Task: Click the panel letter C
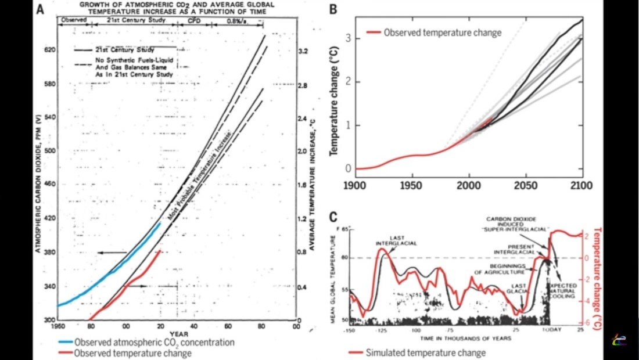pyautogui.click(x=333, y=217)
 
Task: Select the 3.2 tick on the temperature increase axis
pyautogui.click(x=303, y=51)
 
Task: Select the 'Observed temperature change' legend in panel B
pyautogui.click(x=442, y=33)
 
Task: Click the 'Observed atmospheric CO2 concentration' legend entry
pyautogui.click(x=154, y=343)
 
